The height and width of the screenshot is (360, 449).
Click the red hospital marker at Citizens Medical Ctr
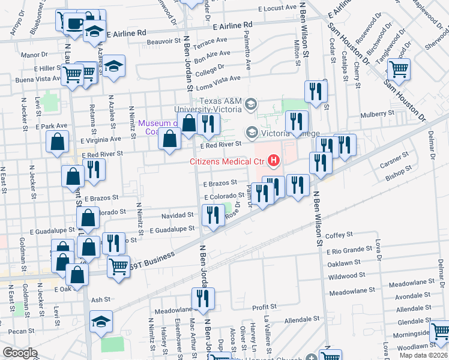pos(274,160)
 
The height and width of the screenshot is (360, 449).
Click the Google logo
pos(20,353)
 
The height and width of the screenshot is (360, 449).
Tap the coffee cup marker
pos(74,23)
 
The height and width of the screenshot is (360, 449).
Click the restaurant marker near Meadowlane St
pos(203,298)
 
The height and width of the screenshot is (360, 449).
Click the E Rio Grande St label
pos(349,250)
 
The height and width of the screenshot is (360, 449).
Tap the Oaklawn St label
pos(343,262)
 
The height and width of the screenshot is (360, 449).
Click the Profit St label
pos(264,307)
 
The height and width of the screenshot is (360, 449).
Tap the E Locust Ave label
pos(277,8)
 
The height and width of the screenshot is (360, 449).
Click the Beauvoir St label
pos(165,41)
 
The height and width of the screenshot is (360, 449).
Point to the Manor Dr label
pos(30,55)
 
